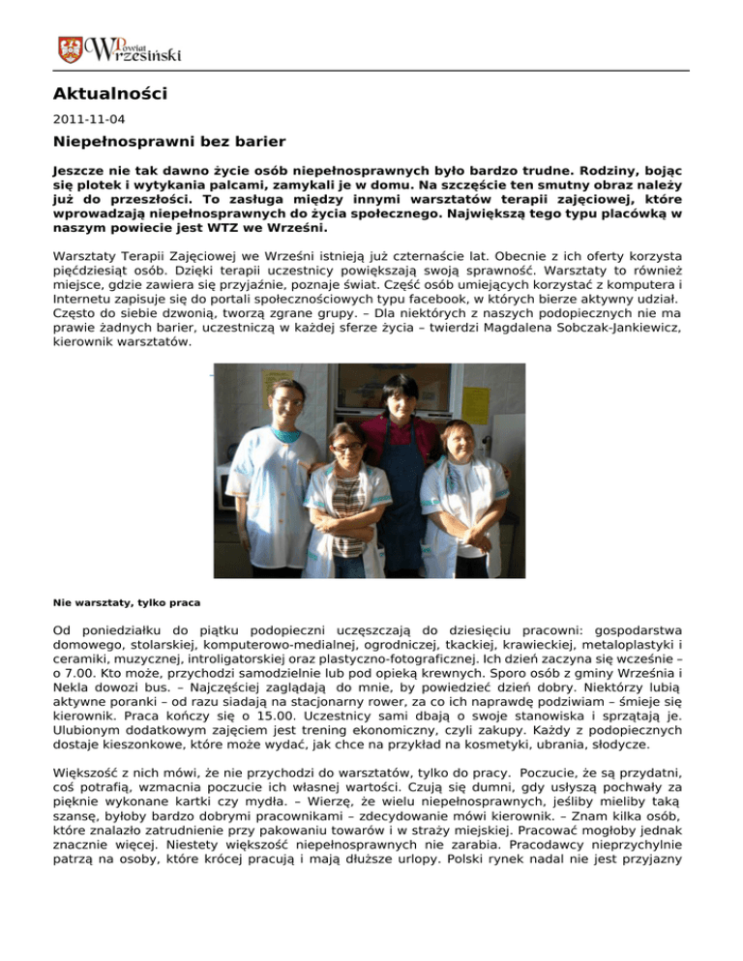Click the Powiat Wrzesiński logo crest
pos(70,47)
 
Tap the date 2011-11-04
pos(81,122)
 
